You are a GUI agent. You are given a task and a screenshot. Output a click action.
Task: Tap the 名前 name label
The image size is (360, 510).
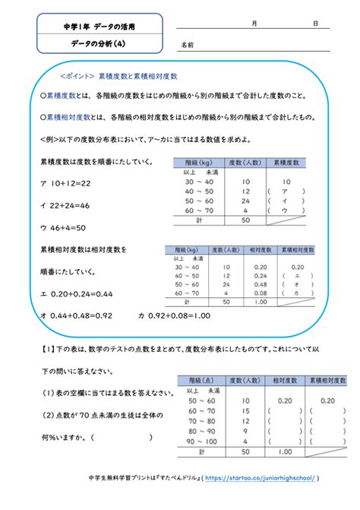pyautogui.click(x=187, y=46)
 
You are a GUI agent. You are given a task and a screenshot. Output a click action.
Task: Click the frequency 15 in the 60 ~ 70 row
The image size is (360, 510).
pyautogui.click(x=244, y=411)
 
